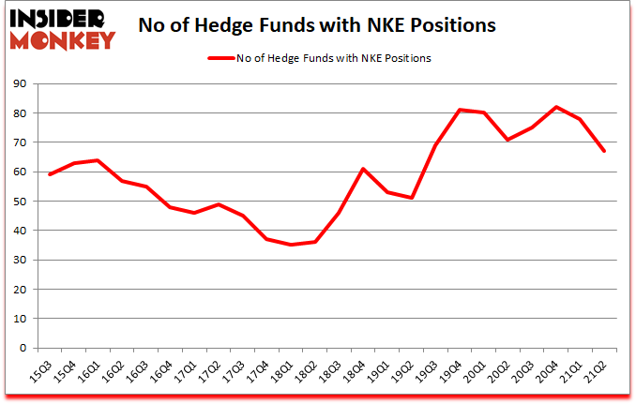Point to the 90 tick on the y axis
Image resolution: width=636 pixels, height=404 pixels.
click(21, 84)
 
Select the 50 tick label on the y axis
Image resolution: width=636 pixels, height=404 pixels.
click(21, 202)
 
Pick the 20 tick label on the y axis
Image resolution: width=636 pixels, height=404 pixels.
click(21, 289)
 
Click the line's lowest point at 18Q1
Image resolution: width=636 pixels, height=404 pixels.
click(291, 245)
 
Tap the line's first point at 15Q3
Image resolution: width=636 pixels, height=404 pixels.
click(49, 174)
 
